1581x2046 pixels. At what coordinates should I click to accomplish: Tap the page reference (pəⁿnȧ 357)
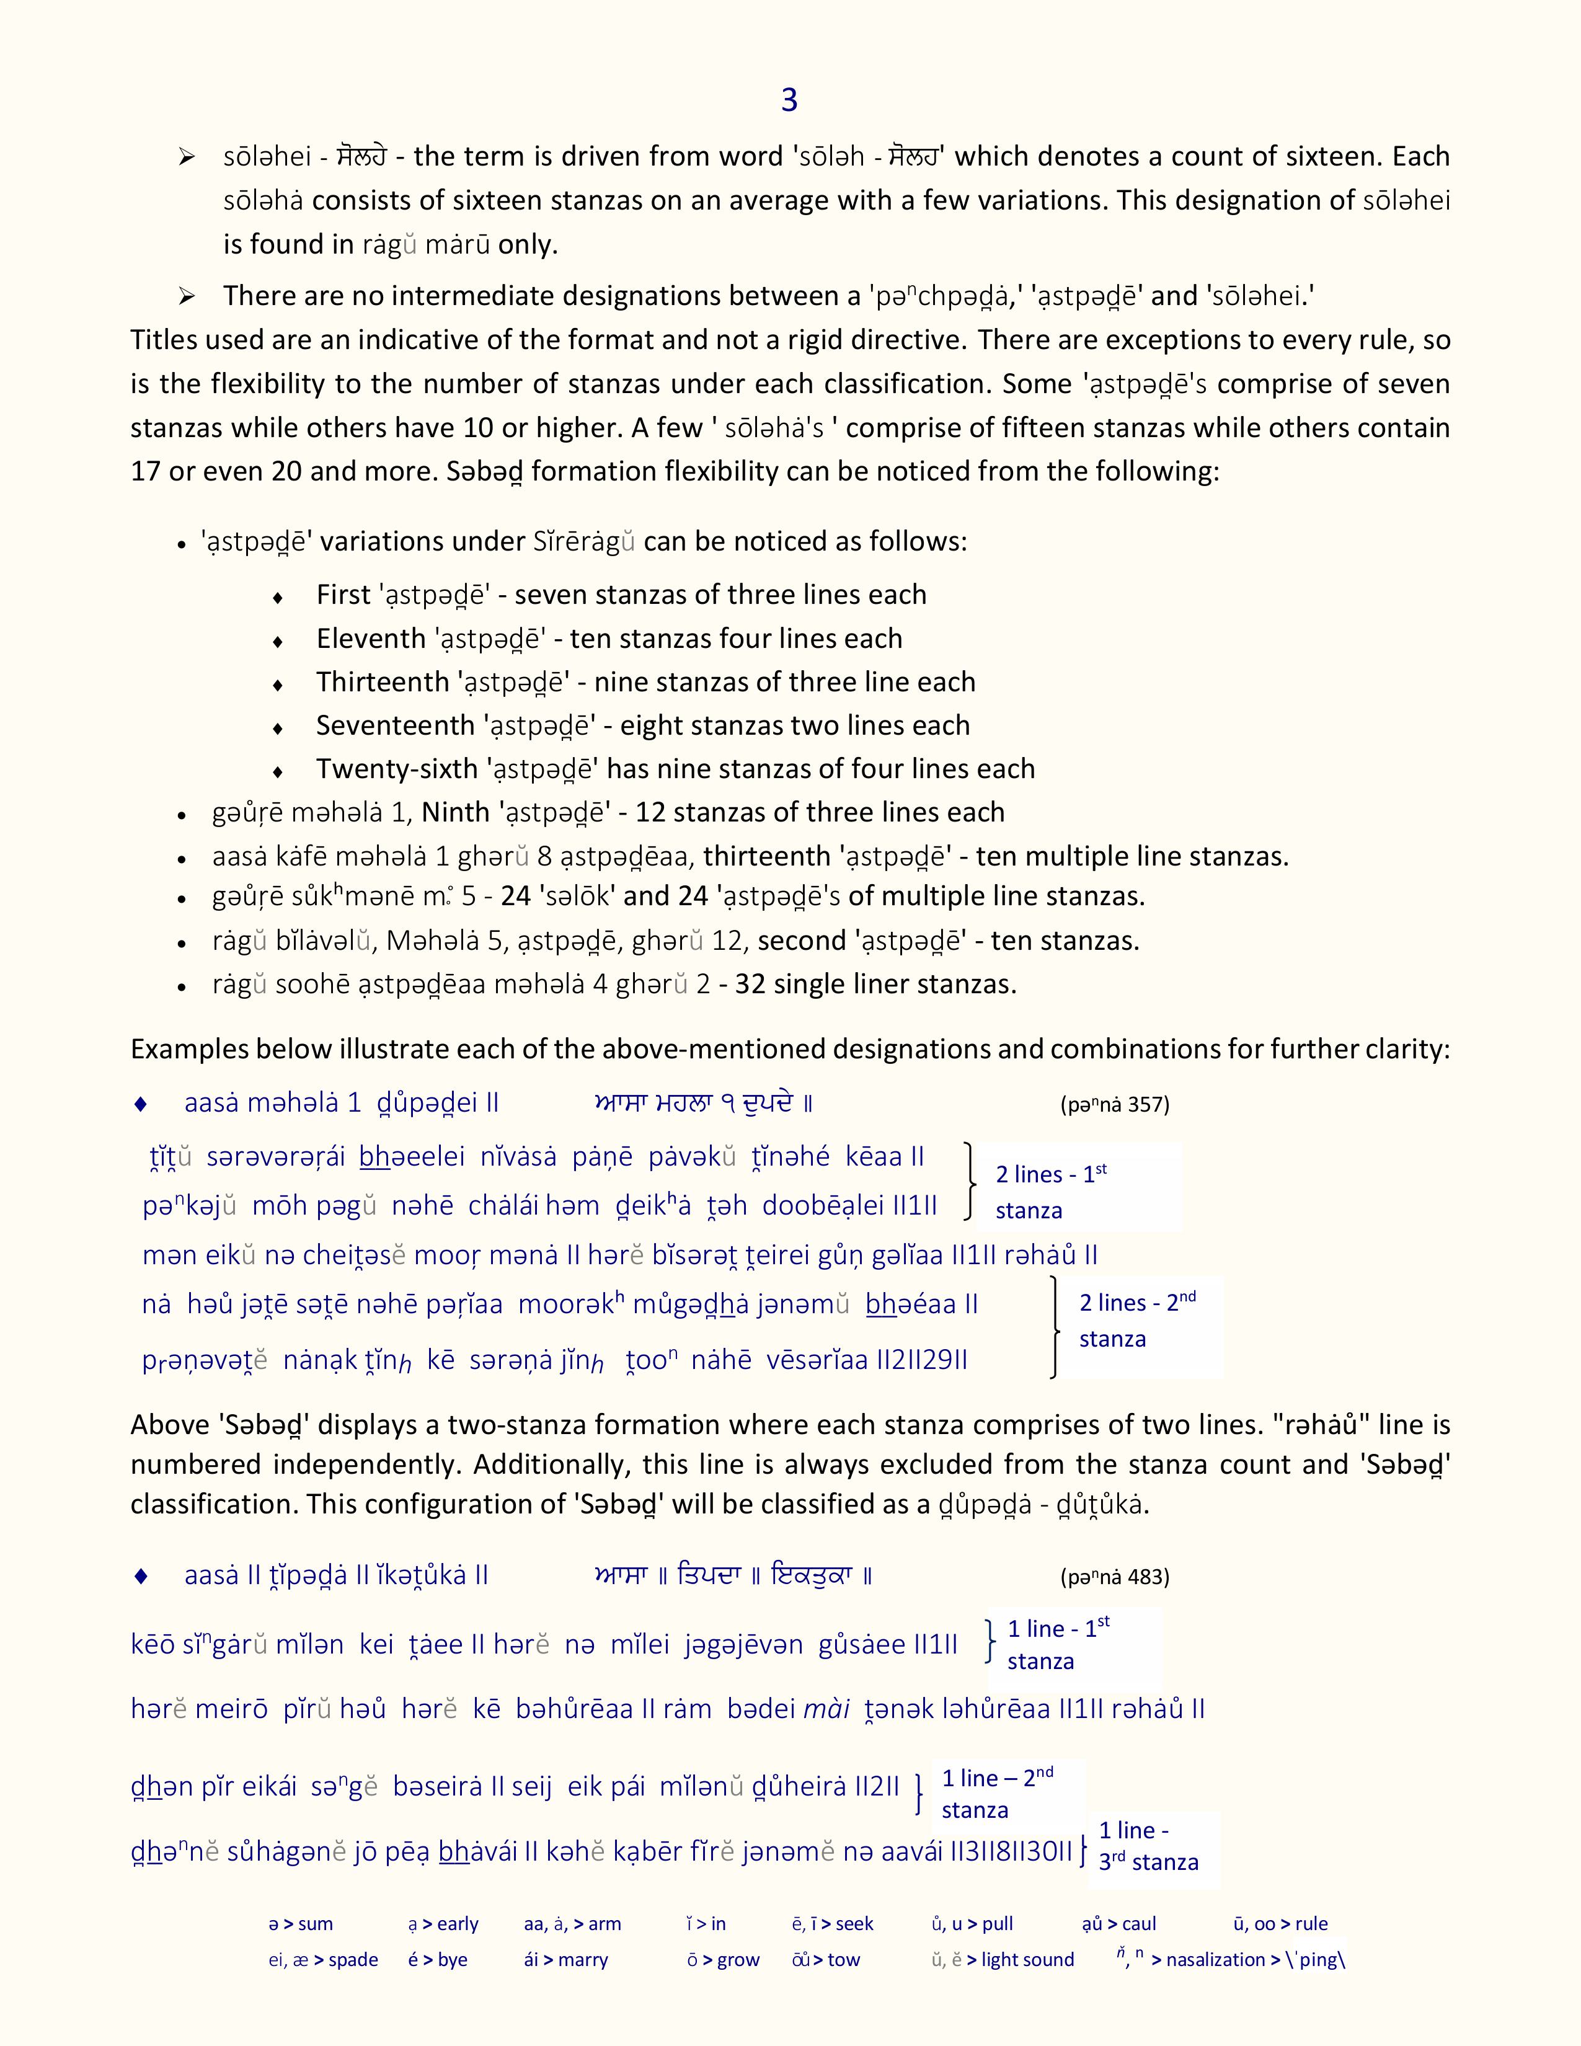pyautogui.click(x=1115, y=1104)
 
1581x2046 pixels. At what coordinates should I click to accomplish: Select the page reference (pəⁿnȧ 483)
pyautogui.click(x=1115, y=1577)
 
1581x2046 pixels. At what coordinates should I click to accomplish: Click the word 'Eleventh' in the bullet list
pyautogui.click(x=370, y=639)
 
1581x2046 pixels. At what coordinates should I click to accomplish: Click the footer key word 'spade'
pyautogui.click(x=353, y=1960)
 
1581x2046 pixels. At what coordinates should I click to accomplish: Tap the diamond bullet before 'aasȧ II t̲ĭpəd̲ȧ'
pyautogui.click(x=141, y=1575)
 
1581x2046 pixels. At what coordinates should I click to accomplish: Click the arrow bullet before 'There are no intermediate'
pyautogui.click(x=187, y=296)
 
